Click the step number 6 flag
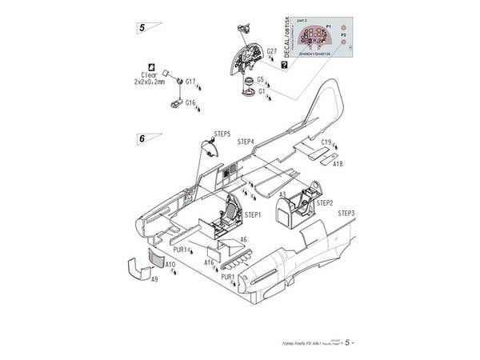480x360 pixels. pyautogui.click(x=142, y=138)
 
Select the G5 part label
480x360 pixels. pyautogui.click(x=261, y=79)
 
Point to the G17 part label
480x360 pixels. pyautogui.click(x=190, y=82)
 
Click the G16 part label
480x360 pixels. pyautogui.click(x=190, y=102)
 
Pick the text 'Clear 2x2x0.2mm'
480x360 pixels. pyautogui.click(x=150, y=78)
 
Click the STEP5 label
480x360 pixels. pyautogui.click(x=222, y=134)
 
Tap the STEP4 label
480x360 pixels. pyautogui.click(x=246, y=142)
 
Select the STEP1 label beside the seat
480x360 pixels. pyautogui.click(x=253, y=214)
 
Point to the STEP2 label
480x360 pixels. pyautogui.click(x=324, y=203)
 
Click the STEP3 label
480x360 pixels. pyautogui.click(x=346, y=214)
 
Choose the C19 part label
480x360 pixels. pyautogui.click(x=326, y=142)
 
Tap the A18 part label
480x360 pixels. pyautogui.click(x=338, y=163)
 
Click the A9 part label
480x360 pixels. pyautogui.click(x=154, y=280)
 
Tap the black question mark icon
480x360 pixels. pyautogui.click(x=285, y=64)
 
